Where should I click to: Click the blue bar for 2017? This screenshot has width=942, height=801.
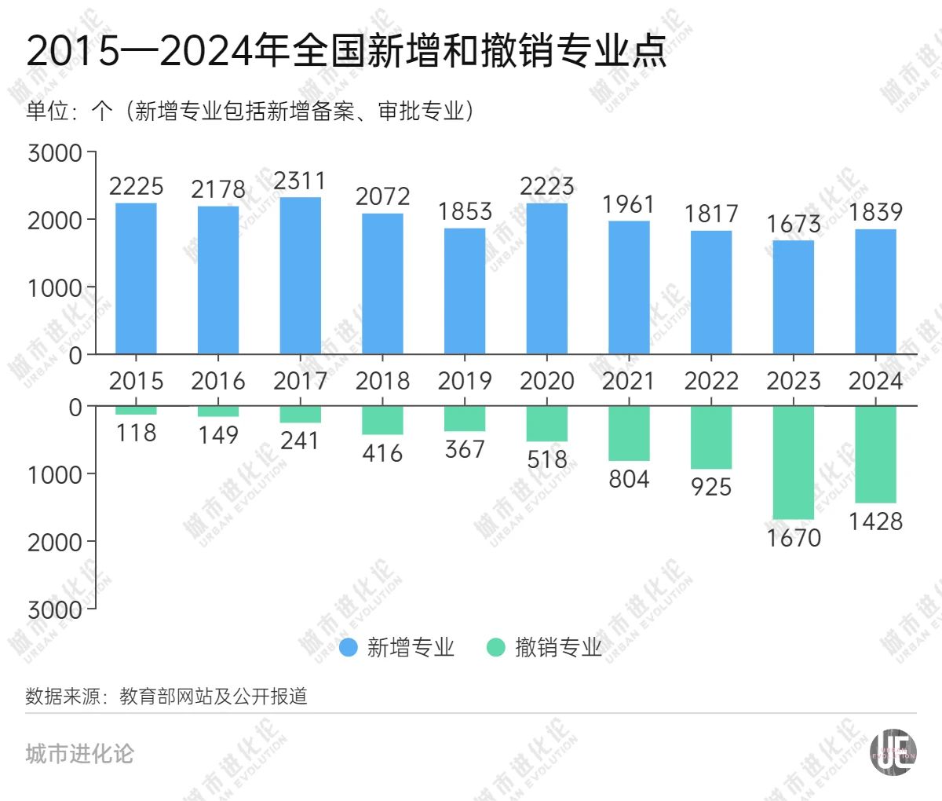pos(300,275)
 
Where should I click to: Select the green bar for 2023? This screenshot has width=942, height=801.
pos(793,463)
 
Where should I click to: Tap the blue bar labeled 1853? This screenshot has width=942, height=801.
pos(465,291)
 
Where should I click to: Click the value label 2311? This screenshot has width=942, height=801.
pos(300,181)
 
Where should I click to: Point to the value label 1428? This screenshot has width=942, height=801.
pos(875,521)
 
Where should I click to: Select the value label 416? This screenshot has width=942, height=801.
pos(382,453)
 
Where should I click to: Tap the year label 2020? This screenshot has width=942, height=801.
pos(547,381)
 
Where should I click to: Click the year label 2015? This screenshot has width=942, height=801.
pos(136,381)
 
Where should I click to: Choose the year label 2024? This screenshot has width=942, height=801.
pos(875,381)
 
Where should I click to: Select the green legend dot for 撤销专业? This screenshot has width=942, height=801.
pos(495,648)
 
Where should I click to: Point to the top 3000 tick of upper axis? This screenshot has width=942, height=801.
pos(55,153)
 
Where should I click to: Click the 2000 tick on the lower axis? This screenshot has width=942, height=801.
pos(55,542)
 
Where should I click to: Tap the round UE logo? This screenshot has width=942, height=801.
pos(893,752)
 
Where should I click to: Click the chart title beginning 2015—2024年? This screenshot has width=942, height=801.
pos(346,51)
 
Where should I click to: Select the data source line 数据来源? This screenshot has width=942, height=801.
pos(166,697)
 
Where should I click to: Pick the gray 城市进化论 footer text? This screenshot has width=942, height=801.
pos(79,754)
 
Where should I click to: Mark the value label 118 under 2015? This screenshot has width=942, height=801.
pos(136,433)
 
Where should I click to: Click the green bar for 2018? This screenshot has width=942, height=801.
pos(382,420)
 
